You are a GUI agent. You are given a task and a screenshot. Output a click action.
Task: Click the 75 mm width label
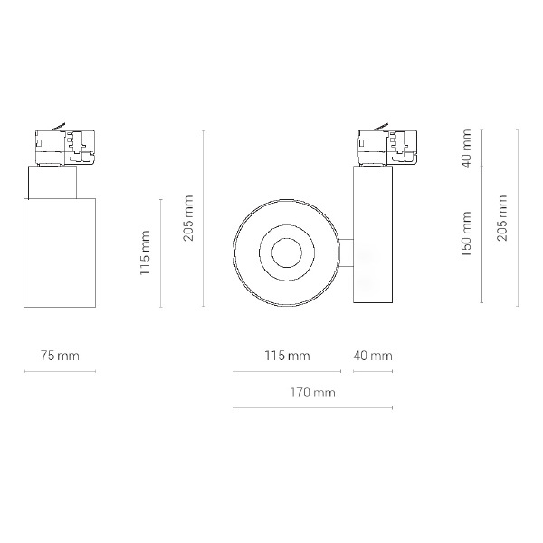click(x=60, y=356)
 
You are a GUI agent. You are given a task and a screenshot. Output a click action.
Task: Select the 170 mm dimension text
click(x=312, y=393)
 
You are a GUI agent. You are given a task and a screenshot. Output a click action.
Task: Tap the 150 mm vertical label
click(x=466, y=234)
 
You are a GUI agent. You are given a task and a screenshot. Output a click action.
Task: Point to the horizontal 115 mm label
click(x=287, y=356)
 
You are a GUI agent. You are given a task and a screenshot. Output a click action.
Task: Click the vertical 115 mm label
click(x=145, y=252)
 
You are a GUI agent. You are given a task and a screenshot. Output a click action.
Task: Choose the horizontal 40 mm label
click(x=373, y=356)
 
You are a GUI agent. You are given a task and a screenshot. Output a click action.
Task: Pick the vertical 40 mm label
click(x=466, y=148)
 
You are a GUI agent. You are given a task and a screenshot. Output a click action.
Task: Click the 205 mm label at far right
click(x=501, y=218)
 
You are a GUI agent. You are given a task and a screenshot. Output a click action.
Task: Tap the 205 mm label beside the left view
click(x=188, y=218)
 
